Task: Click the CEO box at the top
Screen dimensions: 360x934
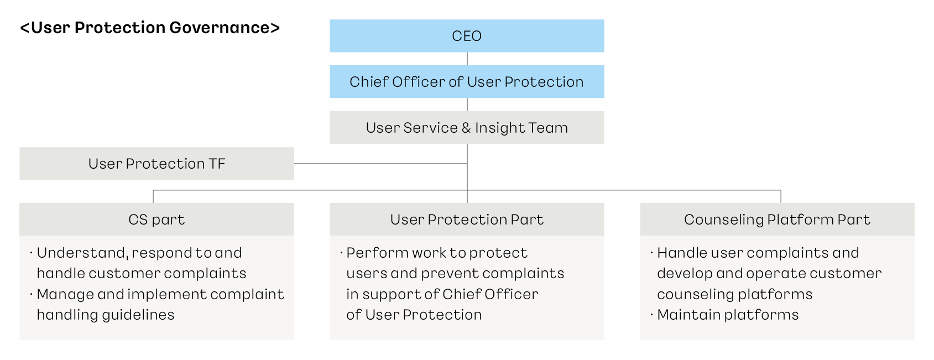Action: pos(467,36)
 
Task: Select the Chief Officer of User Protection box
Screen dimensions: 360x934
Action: pos(467,82)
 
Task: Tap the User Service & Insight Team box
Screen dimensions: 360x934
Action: pos(467,128)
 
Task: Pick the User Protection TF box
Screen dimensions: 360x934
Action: pos(156,164)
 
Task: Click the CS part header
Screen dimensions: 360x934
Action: pos(156,220)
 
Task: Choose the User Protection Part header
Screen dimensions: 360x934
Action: pos(467,220)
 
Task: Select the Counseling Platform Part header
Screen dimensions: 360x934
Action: pos(777,220)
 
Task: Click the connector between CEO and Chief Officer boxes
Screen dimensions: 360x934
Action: pos(467,59)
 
